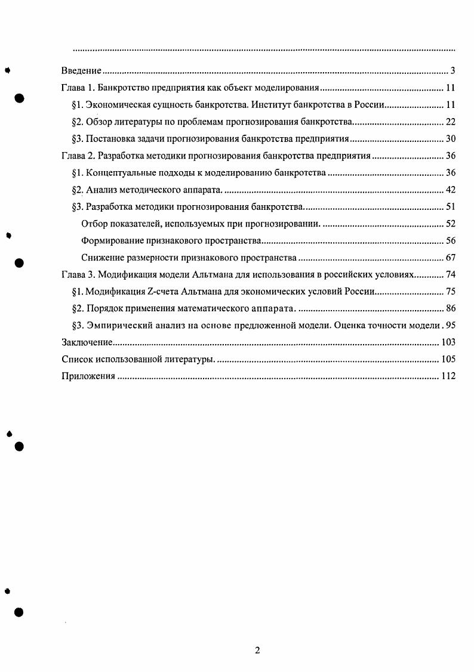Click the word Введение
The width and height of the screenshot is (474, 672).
click(81, 72)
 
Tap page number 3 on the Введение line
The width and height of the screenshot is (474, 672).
click(453, 72)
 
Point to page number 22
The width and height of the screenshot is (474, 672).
click(451, 122)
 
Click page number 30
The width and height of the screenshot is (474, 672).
click(451, 140)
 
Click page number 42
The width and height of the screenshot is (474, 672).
click(451, 190)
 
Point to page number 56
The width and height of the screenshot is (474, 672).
click(451, 241)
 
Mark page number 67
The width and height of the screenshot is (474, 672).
click(451, 258)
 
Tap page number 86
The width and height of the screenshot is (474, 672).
click(451, 308)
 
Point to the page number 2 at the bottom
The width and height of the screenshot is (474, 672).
click(257, 651)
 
